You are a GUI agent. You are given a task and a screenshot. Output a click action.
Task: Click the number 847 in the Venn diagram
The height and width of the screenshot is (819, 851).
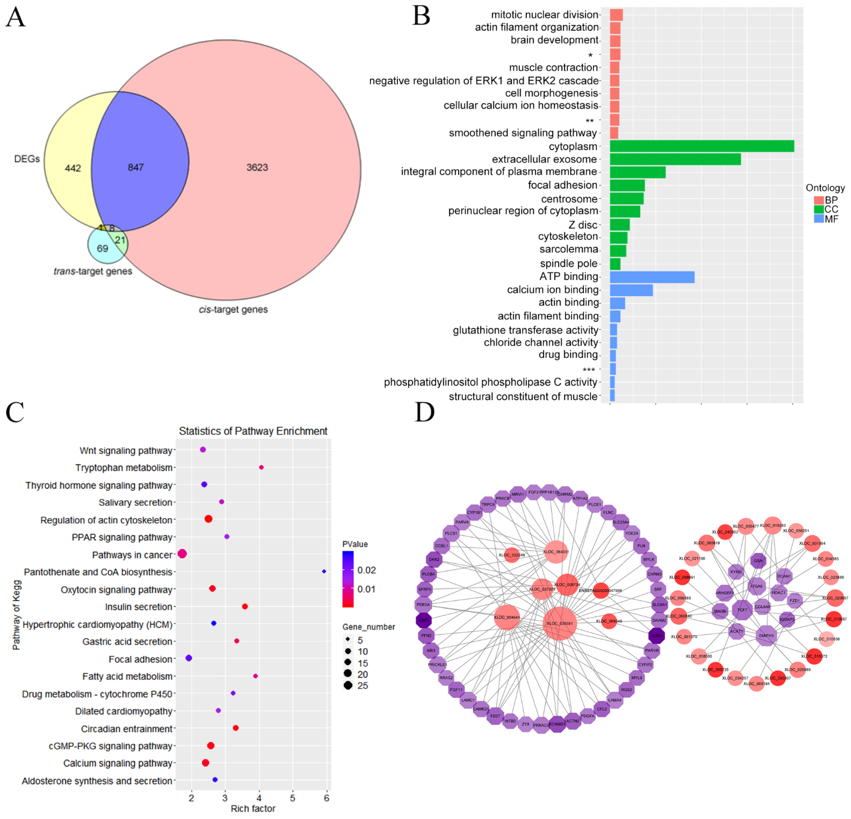pos(136,168)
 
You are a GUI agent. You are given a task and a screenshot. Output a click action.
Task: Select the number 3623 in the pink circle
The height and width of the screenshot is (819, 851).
pos(257,168)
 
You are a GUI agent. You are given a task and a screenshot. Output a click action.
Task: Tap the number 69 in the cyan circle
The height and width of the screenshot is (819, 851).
pos(102,248)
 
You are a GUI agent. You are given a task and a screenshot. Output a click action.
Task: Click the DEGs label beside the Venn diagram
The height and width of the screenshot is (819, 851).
pos(27,159)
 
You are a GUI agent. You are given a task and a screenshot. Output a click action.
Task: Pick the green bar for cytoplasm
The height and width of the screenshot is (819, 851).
pos(702,146)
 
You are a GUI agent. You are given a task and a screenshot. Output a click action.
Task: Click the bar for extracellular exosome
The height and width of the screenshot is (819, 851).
pos(675,159)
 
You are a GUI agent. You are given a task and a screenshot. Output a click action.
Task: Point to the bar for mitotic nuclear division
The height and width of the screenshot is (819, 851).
pos(616,15)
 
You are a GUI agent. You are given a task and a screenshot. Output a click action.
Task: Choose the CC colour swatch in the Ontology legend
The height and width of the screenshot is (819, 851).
pos(819,209)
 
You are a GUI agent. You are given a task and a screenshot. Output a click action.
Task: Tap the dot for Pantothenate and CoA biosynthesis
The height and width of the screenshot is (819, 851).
pos(324,572)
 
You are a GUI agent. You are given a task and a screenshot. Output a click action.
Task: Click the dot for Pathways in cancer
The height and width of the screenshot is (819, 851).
pos(182,554)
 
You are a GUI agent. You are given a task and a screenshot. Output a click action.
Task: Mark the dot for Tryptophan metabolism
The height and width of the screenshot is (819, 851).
pos(261,467)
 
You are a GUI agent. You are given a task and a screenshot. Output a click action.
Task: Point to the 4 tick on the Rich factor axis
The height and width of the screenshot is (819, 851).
pos(259,798)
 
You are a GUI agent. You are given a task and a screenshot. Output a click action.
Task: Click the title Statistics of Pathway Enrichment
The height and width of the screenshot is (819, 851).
pos(253,431)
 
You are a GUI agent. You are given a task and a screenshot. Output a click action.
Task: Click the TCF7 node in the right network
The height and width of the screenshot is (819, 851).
pos(742,610)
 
